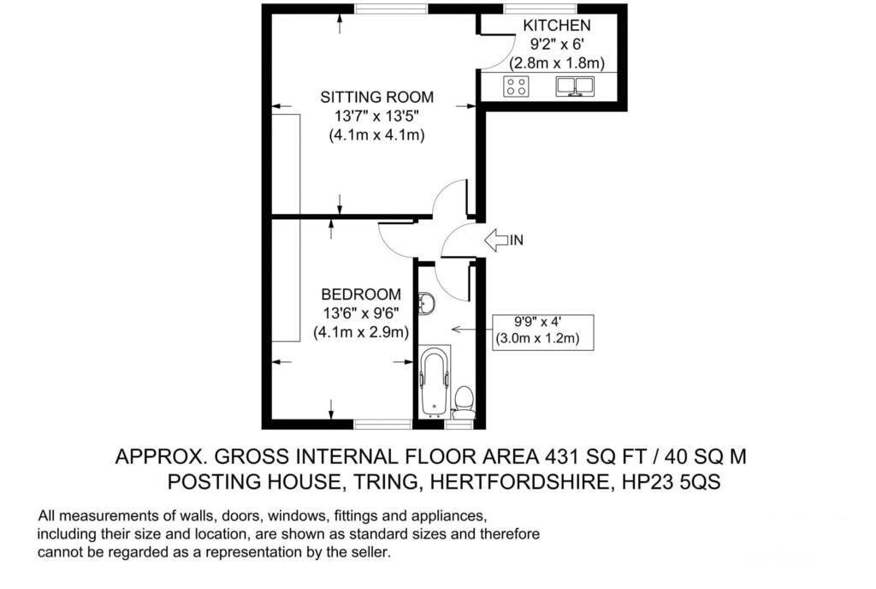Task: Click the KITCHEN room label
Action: pyautogui.click(x=556, y=26)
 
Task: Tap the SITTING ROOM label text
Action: pyautogui.click(x=376, y=97)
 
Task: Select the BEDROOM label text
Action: pyautogui.click(x=361, y=294)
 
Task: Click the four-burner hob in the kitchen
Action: pyautogui.click(x=516, y=86)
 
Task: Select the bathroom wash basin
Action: pyautogui.click(x=429, y=302)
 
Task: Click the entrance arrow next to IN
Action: pyautogui.click(x=495, y=241)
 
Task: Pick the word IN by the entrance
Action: pyautogui.click(x=516, y=241)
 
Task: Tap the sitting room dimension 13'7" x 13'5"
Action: pyautogui.click(x=376, y=116)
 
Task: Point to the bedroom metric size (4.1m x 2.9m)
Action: pyautogui.click(x=361, y=332)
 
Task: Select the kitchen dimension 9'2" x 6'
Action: pyautogui.click(x=556, y=45)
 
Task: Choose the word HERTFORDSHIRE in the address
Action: pyautogui.click(x=516, y=482)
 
